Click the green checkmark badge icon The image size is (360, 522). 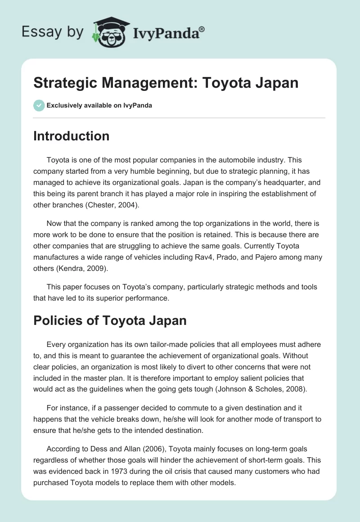[x=39, y=105]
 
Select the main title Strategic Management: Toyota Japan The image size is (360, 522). [x=166, y=83]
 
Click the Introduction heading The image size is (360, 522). [x=71, y=136]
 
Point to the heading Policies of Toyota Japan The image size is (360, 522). [x=110, y=321]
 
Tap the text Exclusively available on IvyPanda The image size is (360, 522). [x=99, y=106]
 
